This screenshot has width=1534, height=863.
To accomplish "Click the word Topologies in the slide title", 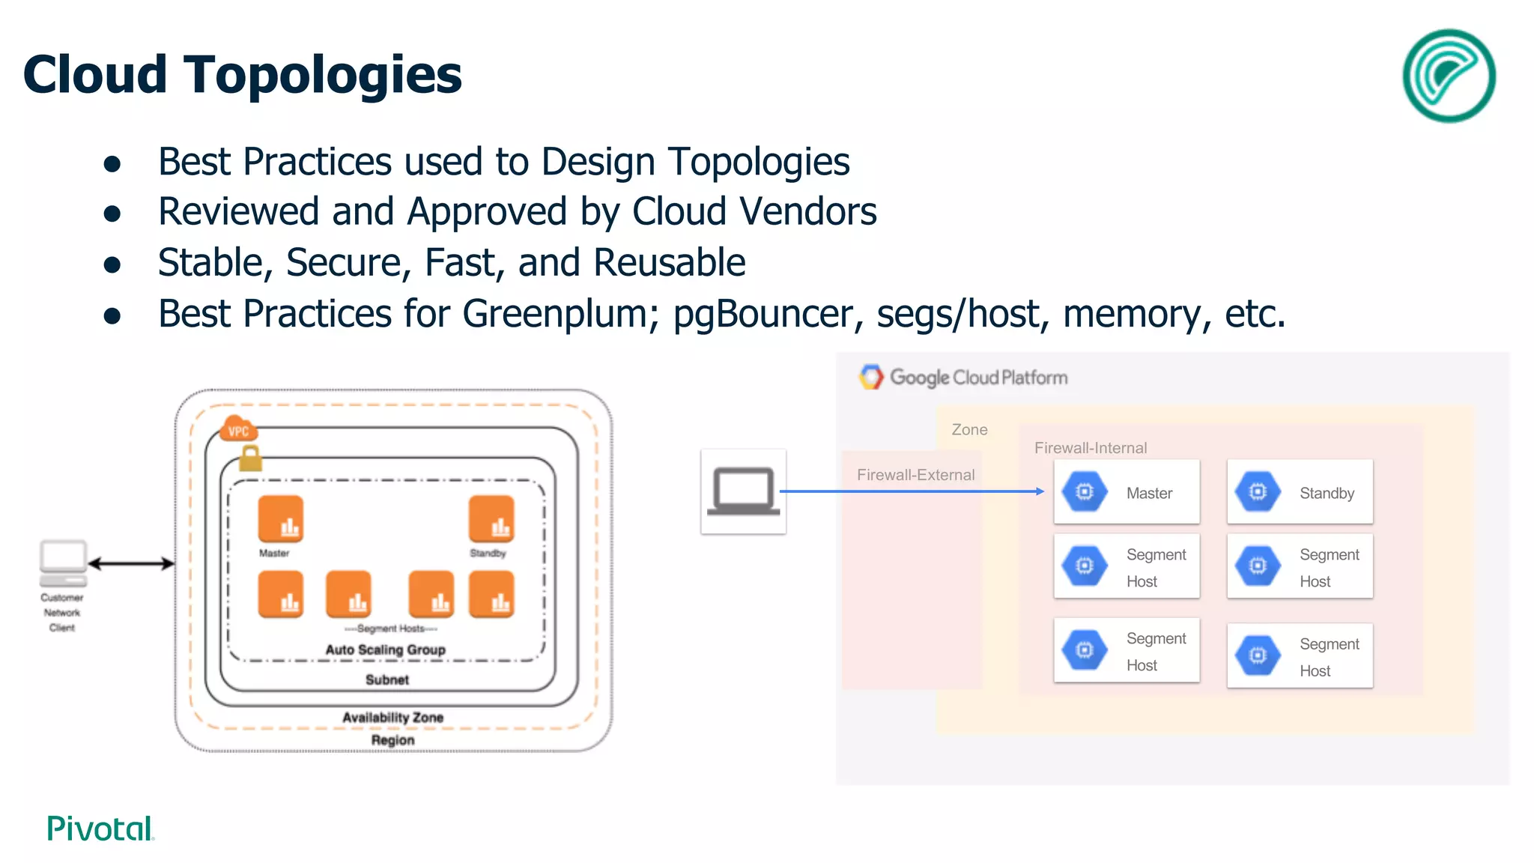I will pos(323,76).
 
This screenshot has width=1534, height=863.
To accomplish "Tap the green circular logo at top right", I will pos(1449,76).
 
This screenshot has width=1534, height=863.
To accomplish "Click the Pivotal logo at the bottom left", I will pos(100,829).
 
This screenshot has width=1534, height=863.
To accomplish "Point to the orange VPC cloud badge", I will pos(238,430).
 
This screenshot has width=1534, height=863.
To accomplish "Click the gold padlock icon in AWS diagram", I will pos(250,458).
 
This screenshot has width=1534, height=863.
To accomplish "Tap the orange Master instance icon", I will pos(281,518).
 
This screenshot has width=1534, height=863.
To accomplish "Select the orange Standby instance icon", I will pos(491,518).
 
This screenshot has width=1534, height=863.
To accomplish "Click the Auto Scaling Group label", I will pos(385,649).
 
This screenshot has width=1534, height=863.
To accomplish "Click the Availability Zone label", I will pos(392,717).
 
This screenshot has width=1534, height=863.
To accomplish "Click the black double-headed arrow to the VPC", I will pos(131,563).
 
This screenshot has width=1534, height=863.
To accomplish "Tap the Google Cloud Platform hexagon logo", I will pos(870,377).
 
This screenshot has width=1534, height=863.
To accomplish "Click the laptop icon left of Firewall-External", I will pos(743,491).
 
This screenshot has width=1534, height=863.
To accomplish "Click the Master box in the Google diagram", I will pos(1126,492).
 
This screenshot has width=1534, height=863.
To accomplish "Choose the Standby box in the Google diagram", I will pos(1300,492).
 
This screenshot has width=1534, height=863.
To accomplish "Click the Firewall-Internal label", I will pos(1090,448).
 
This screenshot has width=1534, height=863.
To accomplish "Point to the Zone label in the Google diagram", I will pos(969,430).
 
